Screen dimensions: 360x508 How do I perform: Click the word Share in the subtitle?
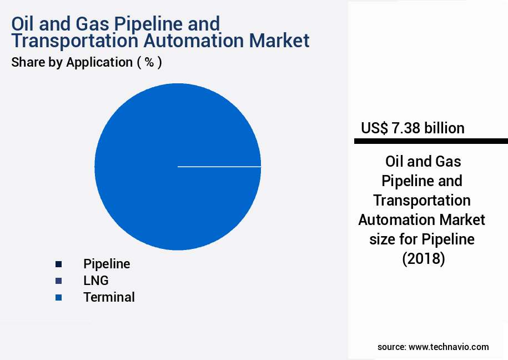(x=28, y=62)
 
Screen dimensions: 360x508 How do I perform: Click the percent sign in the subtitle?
(x=149, y=62)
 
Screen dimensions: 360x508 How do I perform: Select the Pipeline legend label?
(x=107, y=264)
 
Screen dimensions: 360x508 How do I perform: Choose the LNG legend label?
(x=96, y=281)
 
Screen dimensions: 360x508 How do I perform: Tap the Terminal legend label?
(x=109, y=297)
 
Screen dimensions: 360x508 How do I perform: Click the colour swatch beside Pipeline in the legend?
(x=58, y=264)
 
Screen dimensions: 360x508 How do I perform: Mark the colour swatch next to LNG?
(x=58, y=281)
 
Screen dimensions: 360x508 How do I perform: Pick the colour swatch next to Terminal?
(x=58, y=297)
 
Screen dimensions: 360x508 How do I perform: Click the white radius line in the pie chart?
(x=219, y=166)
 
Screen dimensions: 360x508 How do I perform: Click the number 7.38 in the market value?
(x=406, y=128)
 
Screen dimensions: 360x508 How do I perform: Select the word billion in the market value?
(x=444, y=128)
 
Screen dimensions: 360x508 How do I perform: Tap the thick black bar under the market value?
(x=431, y=142)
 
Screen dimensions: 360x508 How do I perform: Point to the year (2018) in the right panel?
(x=423, y=258)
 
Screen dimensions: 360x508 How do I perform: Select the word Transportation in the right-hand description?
(x=422, y=200)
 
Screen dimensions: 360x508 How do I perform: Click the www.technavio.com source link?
(x=449, y=347)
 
